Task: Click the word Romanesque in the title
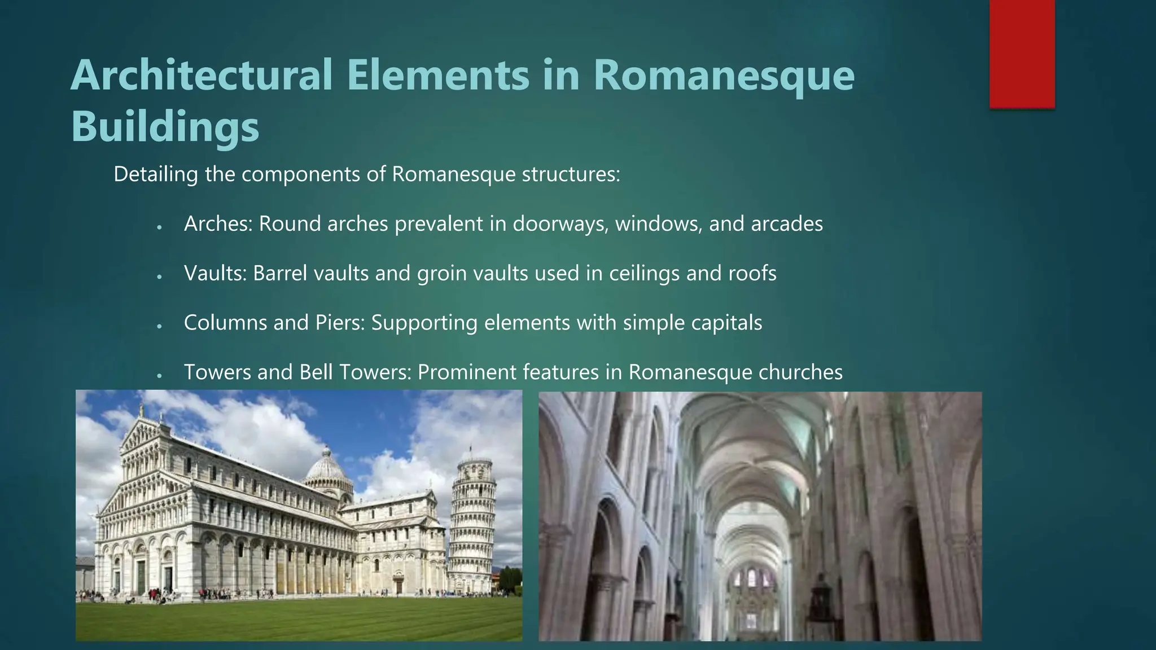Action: pos(724,76)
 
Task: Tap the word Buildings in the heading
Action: pos(165,126)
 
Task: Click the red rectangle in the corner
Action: pos(1022,54)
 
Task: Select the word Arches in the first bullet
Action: pos(218,224)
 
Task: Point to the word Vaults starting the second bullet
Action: pos(215,274)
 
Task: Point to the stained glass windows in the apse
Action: pos(751,578)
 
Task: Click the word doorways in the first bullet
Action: pos(560,224)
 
